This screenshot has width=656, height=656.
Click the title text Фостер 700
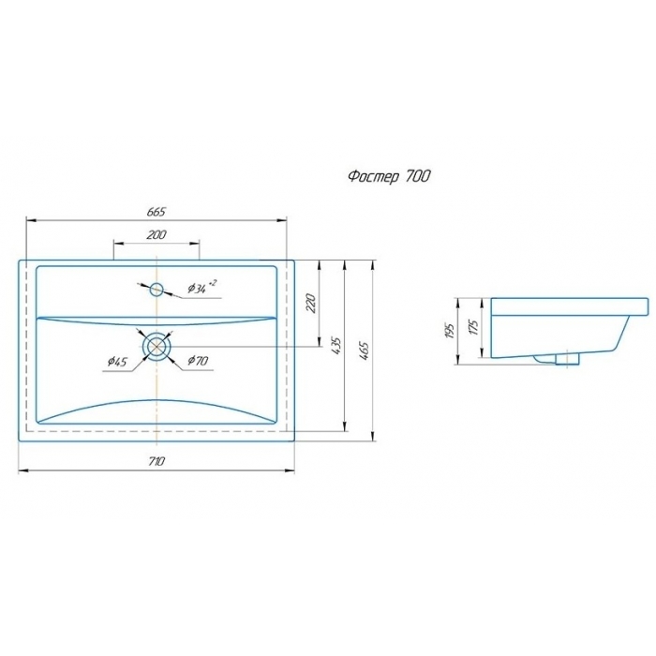click(x=389, y=176)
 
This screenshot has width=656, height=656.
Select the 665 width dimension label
click(x=157, y=212)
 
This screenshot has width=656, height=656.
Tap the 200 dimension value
click(x=157, y=234)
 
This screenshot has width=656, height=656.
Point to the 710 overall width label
click(x=157, y=461)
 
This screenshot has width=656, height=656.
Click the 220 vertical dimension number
click(x=311, y=304)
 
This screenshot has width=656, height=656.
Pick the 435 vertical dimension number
click(x=336, y=346)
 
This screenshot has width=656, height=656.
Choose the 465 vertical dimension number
click(x=364, y=350)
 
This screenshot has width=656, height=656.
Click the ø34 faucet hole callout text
click(x=202, y=287)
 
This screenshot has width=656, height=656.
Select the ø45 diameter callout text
click(x=117, y=361)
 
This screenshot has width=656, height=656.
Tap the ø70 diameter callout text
click(x=198, y=360)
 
